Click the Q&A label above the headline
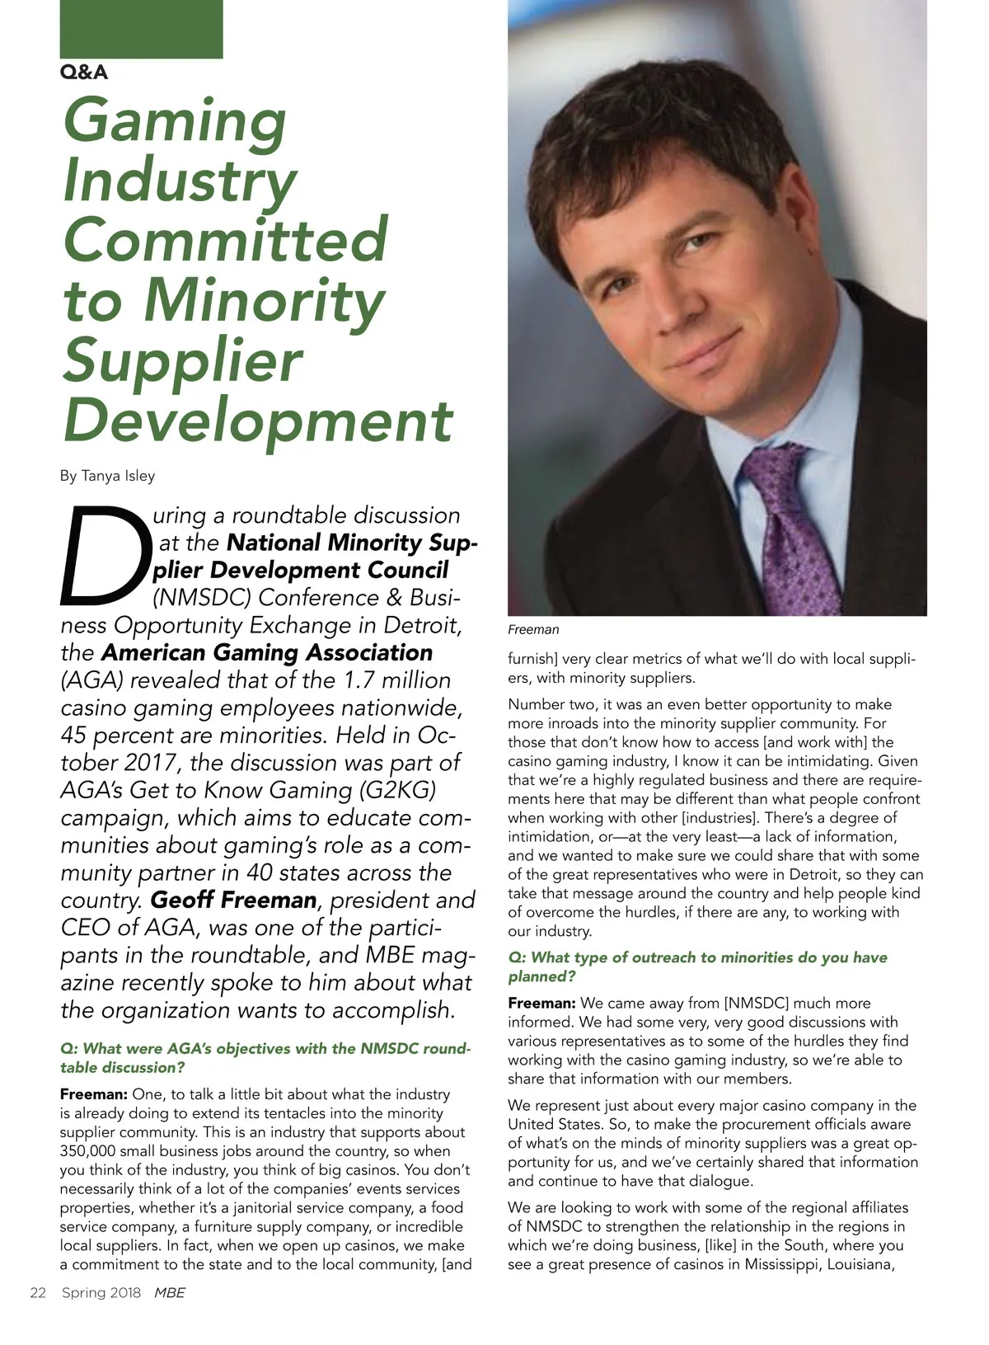point(84,73)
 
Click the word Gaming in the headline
point(175,120)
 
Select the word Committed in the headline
point(225,240)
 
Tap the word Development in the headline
point(257,421)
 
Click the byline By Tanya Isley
point(107,476)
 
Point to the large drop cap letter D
point(105,553)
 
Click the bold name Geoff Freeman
point(234,900)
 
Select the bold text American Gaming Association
point(266,652)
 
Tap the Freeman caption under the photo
point(533,630)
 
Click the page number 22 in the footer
point(38,1293)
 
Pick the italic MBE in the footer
point(170,1293)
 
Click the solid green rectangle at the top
point(141,29)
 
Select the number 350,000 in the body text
point(90,1151)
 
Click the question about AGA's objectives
point(265,1058)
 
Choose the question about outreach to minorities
point(697,966)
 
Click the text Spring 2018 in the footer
point(101,1293)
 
